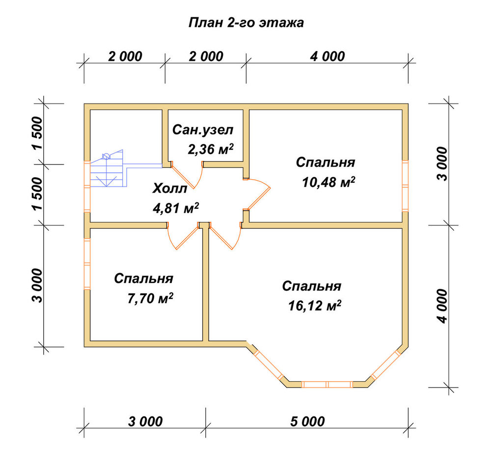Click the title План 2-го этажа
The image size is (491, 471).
(246, 23)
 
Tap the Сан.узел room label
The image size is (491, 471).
(203, 130)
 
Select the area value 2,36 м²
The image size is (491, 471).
(211, 149)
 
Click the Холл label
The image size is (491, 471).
(170, 189)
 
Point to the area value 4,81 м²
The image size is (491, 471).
(176, 208)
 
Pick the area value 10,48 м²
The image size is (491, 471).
(328, 182)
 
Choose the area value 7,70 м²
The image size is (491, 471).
(150, 298)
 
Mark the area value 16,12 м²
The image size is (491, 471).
(314, 305)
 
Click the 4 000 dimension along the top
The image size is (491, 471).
(327, 56)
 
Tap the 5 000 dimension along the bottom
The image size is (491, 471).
(307, 421)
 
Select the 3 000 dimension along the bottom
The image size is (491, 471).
(145, 421)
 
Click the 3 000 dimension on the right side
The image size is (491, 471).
(443, 164)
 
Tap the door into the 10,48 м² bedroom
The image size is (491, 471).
(257, 194)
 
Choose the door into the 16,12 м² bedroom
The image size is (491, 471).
(225, 236)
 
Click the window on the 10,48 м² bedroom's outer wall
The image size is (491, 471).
(405, 185)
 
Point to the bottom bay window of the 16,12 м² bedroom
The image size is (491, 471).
(327, 384)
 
